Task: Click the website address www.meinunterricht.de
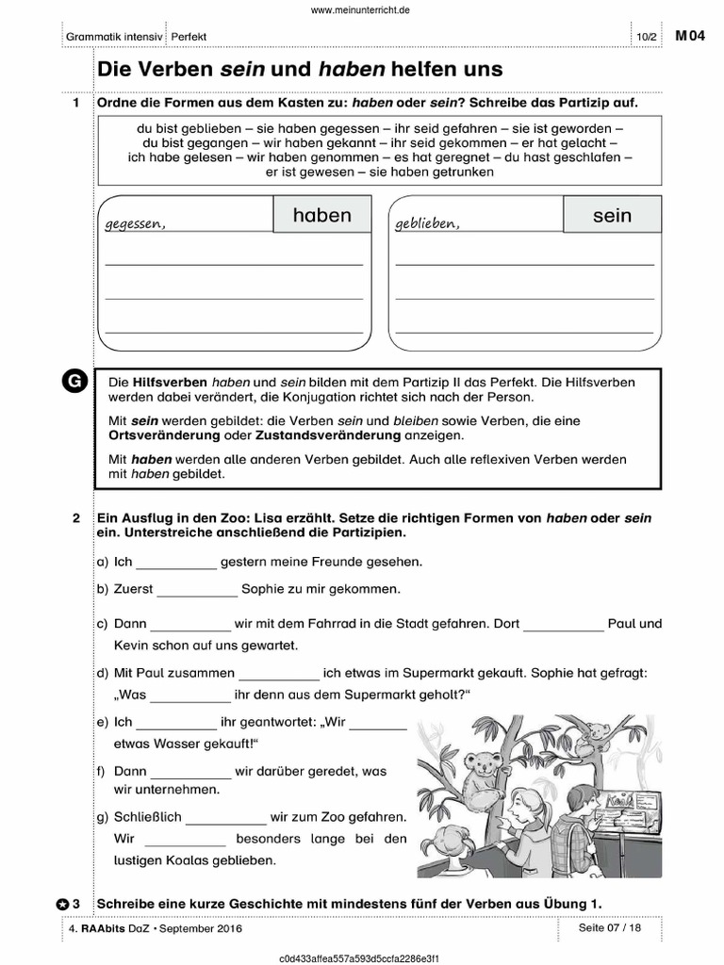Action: click(x=361, y=9)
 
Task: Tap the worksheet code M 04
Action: click(x=689, y=36)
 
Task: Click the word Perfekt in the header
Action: click(x=189, y=37)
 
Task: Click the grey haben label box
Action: click(x=321, y=216)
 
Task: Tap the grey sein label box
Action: click(x=612, y=216)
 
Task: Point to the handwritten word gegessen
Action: click(x=136, y=224)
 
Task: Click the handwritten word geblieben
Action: click(x=427, y=224)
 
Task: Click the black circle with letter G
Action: click(x=74, y=381)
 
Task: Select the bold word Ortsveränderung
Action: click(x=165, y=436)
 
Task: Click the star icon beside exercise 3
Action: click(x=62, y=904)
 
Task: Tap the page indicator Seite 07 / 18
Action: click(x=610, y=928)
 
